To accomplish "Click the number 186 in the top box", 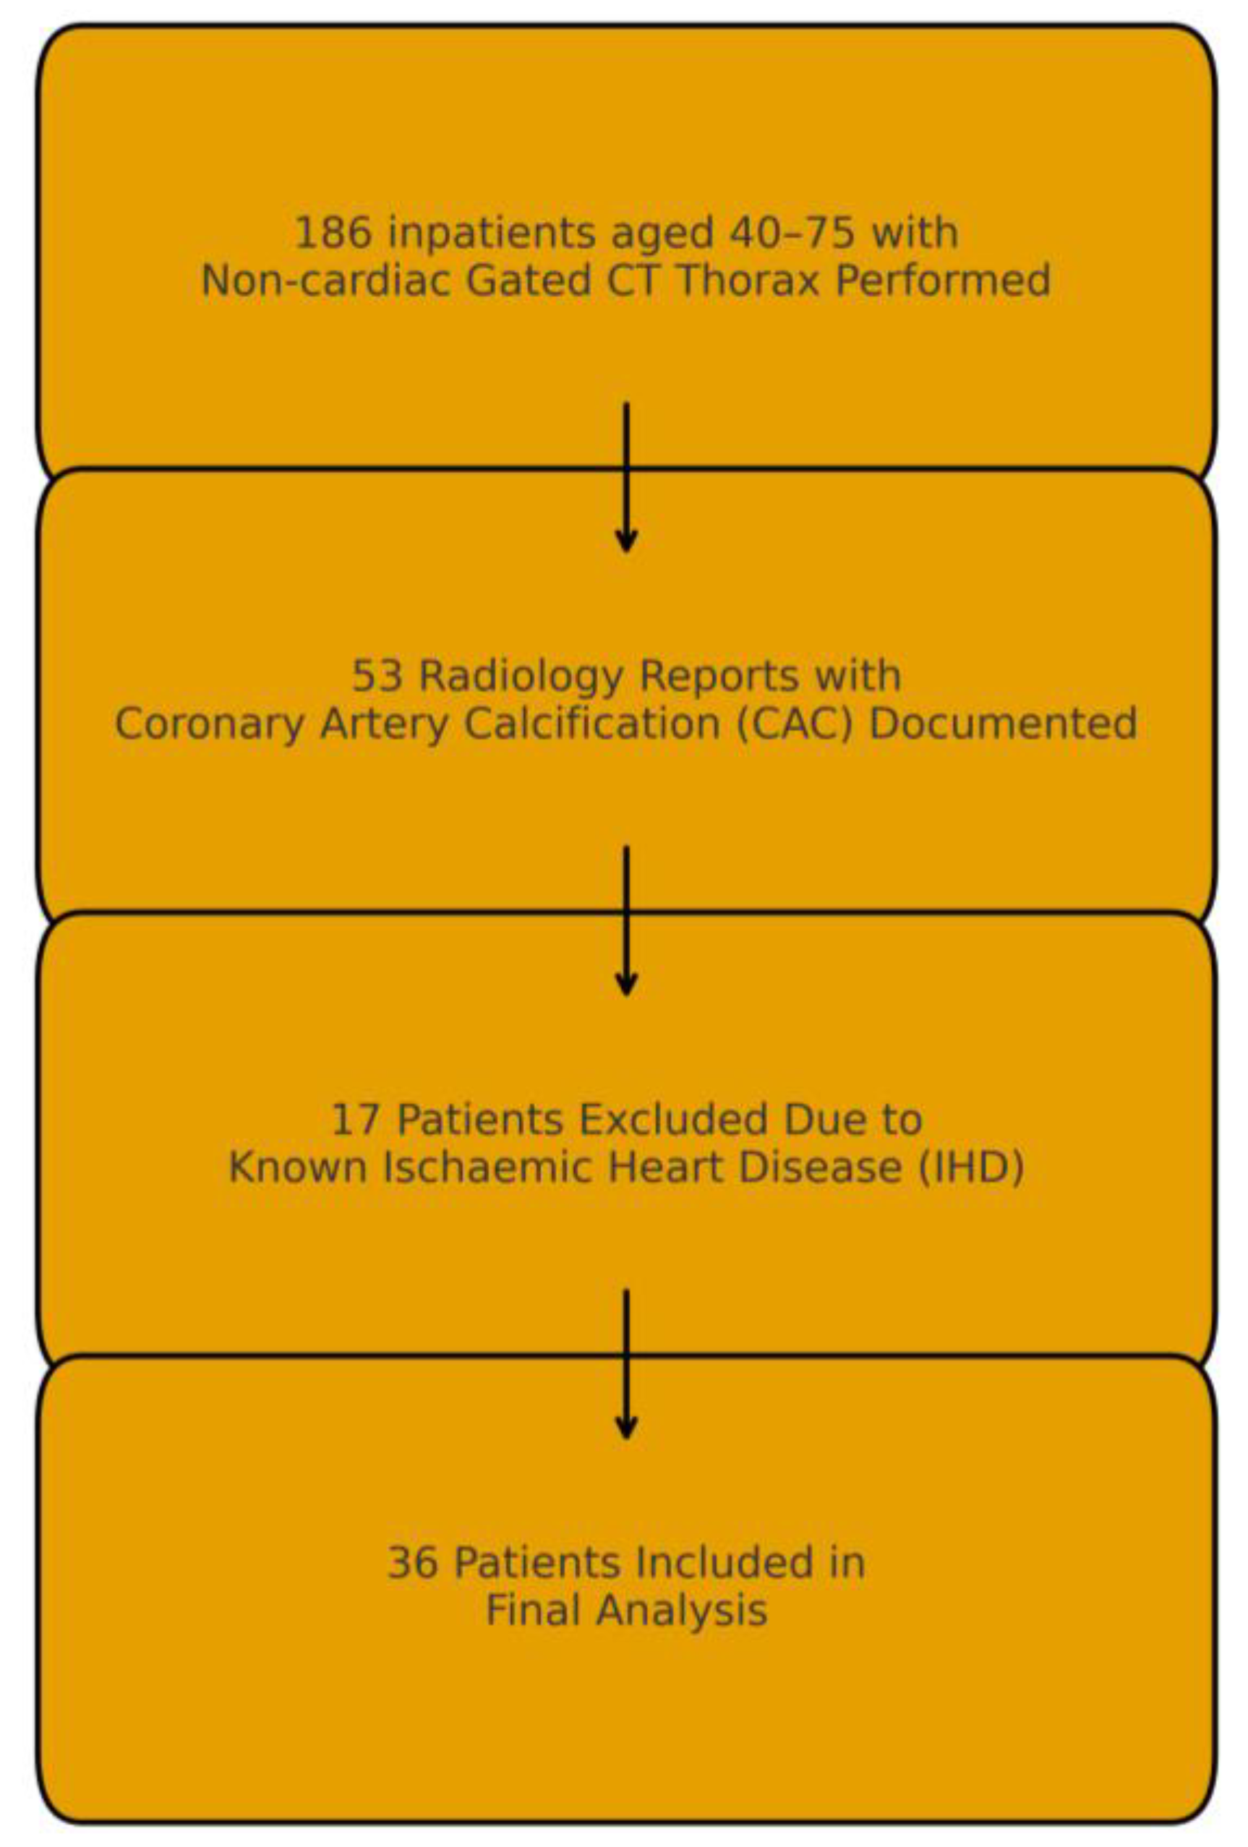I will click(333, 233).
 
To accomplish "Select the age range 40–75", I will click(792, 233).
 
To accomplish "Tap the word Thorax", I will click(747, 281).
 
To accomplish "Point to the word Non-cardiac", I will click(325, 281).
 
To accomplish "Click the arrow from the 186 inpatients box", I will click(626, 477).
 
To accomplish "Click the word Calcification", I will click(591, 724).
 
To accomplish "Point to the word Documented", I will click(1003, 724).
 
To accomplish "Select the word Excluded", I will click(672, 1120).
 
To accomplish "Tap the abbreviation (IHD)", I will click(970, 1167).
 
